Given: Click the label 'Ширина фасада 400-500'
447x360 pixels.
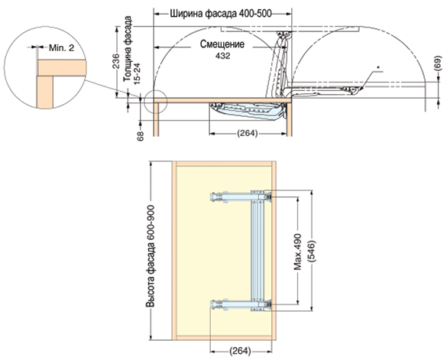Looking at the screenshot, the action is point(221,14).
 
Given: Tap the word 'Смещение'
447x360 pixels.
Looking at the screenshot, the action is point(222,44).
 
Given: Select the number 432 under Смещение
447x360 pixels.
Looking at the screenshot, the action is point(222,56).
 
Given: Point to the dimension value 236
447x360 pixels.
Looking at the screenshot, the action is point(116,61).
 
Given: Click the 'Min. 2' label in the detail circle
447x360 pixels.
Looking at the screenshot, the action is point(61,47).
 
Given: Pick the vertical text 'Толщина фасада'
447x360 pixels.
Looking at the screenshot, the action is point(128,49).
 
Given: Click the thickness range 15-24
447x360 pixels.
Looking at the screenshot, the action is point(137,74).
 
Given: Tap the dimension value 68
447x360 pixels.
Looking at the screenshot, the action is point(141,136).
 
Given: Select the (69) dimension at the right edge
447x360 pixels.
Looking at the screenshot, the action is point(439,63).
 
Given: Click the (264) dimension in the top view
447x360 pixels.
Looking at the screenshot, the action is point(248,133).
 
